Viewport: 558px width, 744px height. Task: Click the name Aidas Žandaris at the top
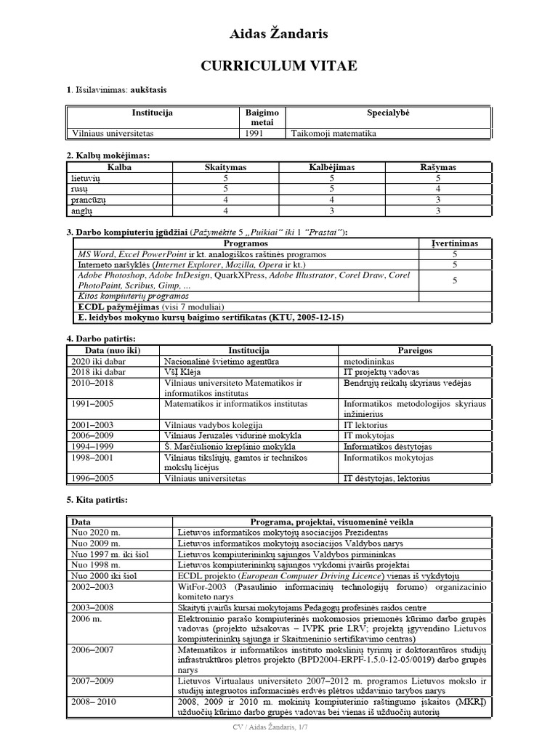[x=279, y=33]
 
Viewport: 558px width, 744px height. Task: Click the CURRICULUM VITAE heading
[x=279, y=66]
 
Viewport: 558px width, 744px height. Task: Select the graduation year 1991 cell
[x=251, y=133]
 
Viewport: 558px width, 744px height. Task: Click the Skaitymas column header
[x=226, y=167]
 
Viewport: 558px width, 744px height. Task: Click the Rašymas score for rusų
[x=438, y=188]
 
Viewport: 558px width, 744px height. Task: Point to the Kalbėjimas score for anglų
[x=331, y=210]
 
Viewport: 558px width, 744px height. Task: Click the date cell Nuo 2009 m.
[x=97, y=543]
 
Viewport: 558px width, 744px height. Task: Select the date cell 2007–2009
[x=93, y=682]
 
